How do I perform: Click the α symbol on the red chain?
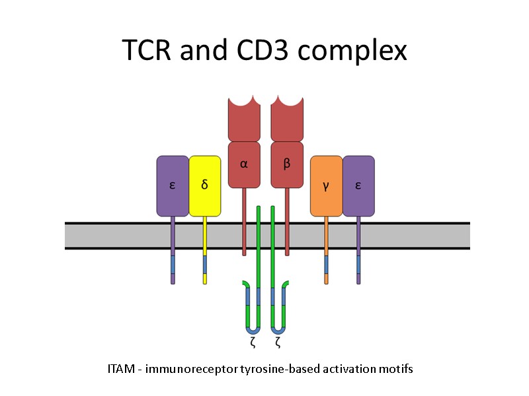tap(244, 164)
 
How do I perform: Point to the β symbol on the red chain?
tap(287, 164)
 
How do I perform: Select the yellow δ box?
tap(205, 185)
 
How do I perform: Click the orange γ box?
tap(326, 185)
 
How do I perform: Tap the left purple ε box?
tap(173, 185)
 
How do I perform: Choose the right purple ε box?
tap(358, 185)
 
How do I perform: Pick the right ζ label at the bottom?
tap(278, 343)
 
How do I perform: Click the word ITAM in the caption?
tap(119, 369)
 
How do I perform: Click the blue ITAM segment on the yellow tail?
tap(205, 264)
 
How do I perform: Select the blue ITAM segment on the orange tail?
tap(326, 264)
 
